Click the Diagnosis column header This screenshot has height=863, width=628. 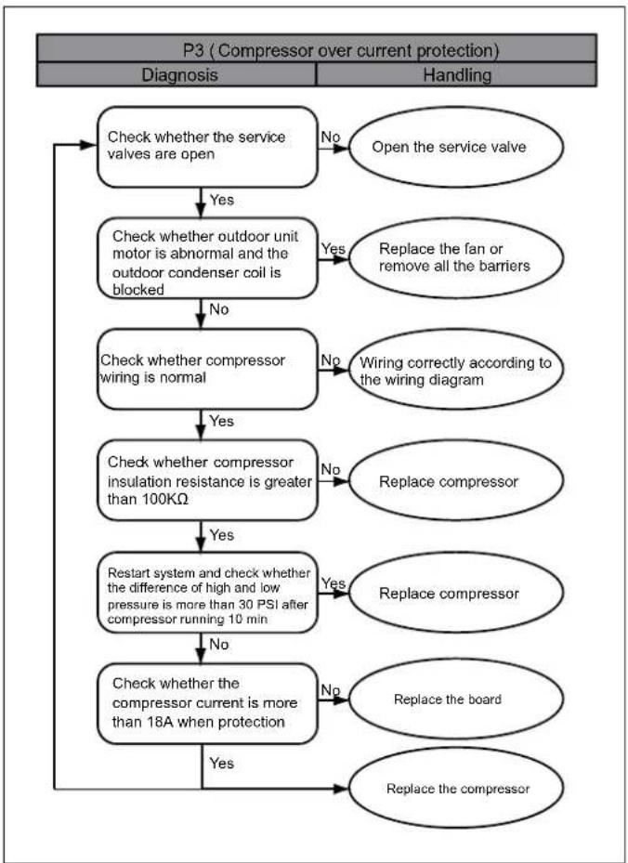tap(179, 75)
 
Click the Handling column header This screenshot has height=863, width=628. tap(457, 75)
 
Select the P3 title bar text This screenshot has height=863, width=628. tap(341, 51)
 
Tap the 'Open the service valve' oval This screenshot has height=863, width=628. tap(456, 148)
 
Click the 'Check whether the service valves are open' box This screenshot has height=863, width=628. tap(207, 147)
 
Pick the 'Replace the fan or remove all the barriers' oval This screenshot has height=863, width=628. tap(456, 257)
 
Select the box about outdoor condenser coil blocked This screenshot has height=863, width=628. tap(207, 258)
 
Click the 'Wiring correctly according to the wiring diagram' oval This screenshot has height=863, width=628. tap(456, 370)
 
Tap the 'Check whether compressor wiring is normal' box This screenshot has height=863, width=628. tap(207, 370)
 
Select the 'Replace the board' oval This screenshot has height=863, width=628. tap(456, 700)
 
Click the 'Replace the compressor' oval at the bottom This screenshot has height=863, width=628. tap(456, 788)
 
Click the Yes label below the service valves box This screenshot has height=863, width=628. tap(222, 200)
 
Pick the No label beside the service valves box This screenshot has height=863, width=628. tap(330, 137)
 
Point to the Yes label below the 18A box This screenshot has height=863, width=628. tap(222, 764)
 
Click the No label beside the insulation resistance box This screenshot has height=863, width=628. tap(330, 469)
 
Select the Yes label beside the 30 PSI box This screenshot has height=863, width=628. tap(333, 582)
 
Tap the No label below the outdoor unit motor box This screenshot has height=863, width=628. tap(219, 310)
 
